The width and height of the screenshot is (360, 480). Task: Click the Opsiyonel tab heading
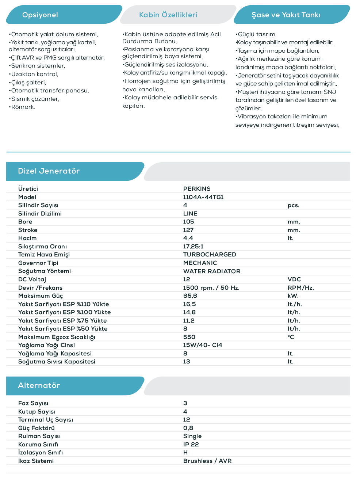coord(40,15)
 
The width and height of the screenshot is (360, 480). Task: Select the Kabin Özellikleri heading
coord(168,15)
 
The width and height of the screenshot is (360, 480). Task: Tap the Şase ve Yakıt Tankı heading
coord(286,15)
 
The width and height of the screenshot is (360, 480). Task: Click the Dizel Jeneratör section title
coord(49,171)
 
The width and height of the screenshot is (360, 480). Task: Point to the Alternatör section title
coord(39,385)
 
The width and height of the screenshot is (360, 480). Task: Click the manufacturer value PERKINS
coord(197,189)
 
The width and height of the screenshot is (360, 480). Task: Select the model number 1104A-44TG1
coord(203,197)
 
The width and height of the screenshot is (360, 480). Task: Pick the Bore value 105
coord(188,222)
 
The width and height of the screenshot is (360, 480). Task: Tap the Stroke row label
coord(28,230)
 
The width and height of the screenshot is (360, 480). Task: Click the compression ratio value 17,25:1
coord(193,247)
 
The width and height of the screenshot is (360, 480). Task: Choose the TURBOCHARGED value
coord(210,255)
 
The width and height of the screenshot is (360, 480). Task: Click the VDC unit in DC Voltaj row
coord(294,279)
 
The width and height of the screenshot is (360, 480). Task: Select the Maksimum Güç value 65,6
coord(190,296)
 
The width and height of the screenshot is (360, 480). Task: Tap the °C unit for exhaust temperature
coord(291,337)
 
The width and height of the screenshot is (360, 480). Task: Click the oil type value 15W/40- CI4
coord(203,345)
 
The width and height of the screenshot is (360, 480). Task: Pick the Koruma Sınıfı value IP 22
coord(191,445)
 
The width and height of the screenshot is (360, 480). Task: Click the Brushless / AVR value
coord(207,461)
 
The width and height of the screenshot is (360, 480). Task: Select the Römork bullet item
coord(23,107)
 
